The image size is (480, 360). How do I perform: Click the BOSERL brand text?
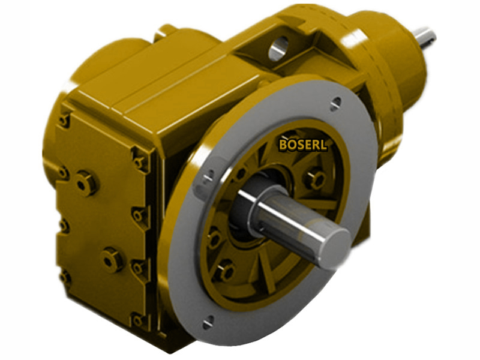[303, 144]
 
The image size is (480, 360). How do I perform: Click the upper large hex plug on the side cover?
[86, 182]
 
